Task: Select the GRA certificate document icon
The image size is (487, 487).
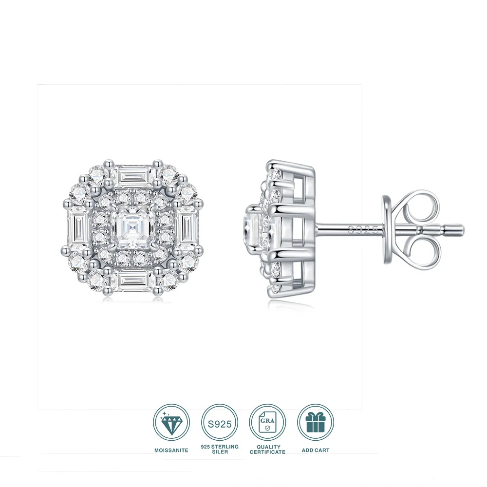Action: [x=267, y=423]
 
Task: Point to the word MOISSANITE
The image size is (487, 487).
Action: [x=171, y=450]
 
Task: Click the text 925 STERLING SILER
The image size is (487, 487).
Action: [x=219, y=449]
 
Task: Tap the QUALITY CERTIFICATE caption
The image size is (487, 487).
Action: [x=267, y=449]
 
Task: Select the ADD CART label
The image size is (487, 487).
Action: [x=315, y=450]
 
